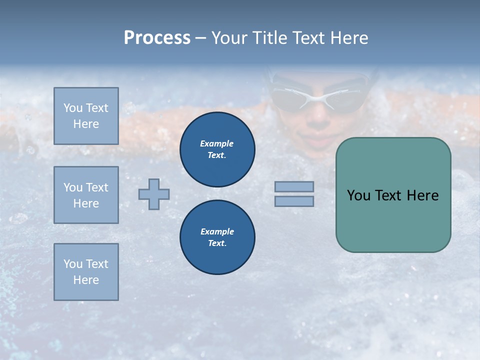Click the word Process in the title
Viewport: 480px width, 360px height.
[x=157, y=38]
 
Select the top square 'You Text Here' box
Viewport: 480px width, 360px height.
[x=86, y=116]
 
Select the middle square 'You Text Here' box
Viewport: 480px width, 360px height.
[x=86, y=195]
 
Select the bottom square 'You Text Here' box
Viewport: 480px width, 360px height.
[x=86, y=272]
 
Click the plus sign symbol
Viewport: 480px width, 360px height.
[x=154, y=194]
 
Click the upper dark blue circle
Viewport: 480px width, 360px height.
[x=217, y=149]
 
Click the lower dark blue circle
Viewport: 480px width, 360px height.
[x=217, y=237]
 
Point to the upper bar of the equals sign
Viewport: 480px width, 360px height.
[x=294, y=186]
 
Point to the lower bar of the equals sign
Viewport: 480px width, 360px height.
[x=294, y=201]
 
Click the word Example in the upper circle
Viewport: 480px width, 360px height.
[x=216, y=143]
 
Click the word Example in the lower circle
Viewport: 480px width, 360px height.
[x=217, y=231]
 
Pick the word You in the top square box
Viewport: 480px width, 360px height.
[x=73, y=108]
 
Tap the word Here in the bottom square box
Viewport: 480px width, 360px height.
[x=86, y=280]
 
